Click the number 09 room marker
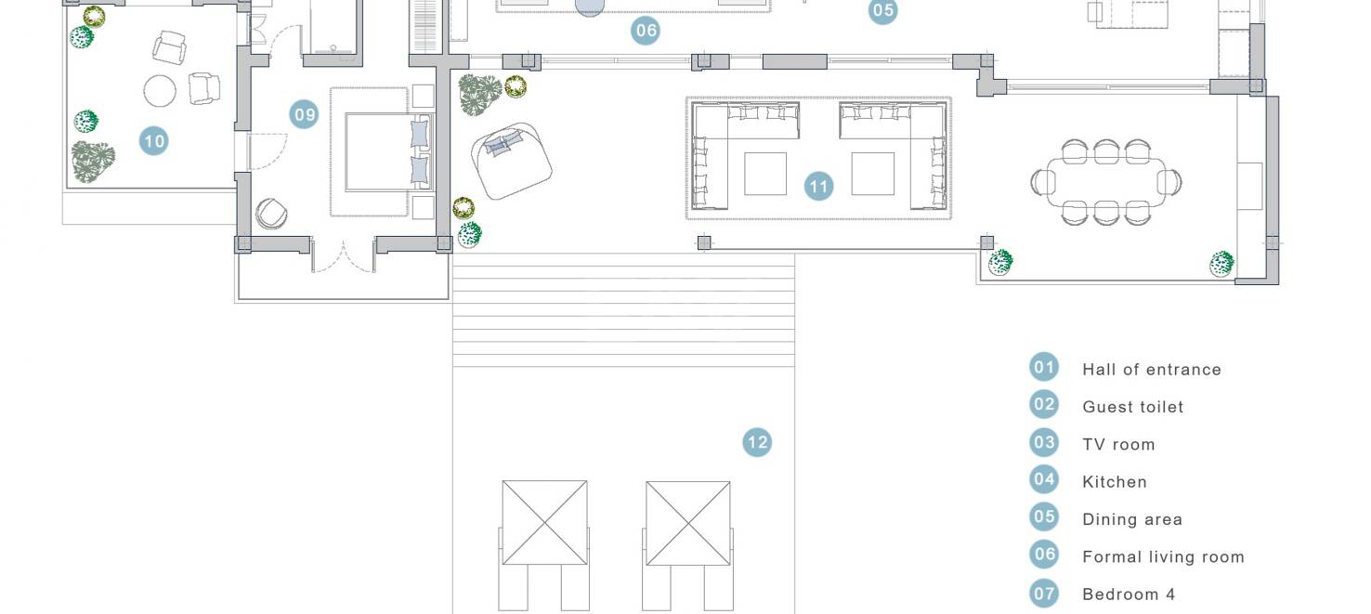(x=304, y=114)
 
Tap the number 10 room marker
(x=153, y=141)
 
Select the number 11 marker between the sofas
(x=819, y=186)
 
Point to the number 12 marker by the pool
(x=757, y=442)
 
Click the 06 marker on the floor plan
(x=646, y=30)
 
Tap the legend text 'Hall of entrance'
(x=1152, y=369)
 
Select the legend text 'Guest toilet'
(x=1133, y=407)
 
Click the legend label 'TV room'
(x=1118, y=444)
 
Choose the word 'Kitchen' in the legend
(x=1115, y=482)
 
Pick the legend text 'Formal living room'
(x=1164, y=556)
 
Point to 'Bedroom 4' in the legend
(x=1129, y=594)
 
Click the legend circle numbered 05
(x=1044, y=516)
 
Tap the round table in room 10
(x=160, y=91)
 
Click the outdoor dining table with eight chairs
(x=1106, y=182)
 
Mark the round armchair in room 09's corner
(x=271, y=214)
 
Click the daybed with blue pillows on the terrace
(x=512, y=161)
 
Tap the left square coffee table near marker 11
(x=765, y=174)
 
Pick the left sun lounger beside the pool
(x=544, y=545)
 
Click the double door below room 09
(x=344, y=257)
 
